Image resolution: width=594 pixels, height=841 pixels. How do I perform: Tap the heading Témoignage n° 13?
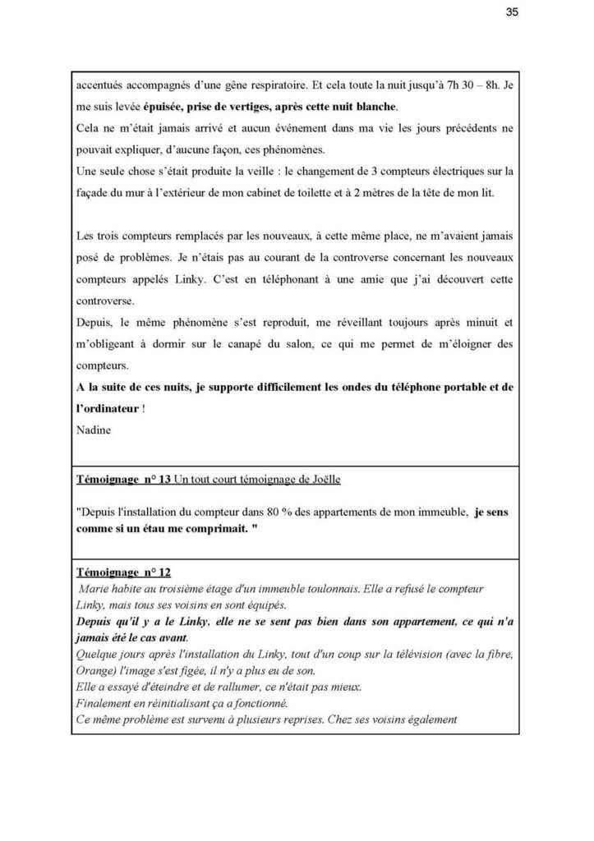coord(120,478)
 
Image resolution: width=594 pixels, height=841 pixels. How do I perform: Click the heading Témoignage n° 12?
coord(120,572)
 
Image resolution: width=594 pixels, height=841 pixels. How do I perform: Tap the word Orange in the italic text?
coord(92,671)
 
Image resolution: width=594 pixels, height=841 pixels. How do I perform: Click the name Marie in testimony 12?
coord(93,589)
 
